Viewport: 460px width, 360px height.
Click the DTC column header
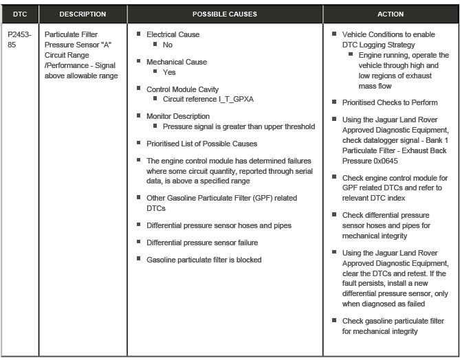click(x=19, y=14)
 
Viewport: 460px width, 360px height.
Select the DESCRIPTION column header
click(x=83, y=14)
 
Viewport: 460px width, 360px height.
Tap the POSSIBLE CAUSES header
click(x=224, y=14)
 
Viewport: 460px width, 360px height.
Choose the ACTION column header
click(x=391, y=14)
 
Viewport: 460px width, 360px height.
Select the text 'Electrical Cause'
click(x=173, y=34)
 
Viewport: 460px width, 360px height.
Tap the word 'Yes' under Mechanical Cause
click(x=169, y=72)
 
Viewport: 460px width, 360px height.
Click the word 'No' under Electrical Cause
click(x=168, y=45)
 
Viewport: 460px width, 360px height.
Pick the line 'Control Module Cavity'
click(x=182, y=89)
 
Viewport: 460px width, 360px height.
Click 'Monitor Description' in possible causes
click(x=178, y=117)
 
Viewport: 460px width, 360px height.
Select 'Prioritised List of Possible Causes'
click(x=201, y=144)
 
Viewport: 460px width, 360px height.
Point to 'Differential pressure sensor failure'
click(x=202, y=243)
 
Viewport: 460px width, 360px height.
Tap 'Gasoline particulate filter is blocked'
click(x=204, y=260)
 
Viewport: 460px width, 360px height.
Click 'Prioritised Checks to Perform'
click(x=389, y=103)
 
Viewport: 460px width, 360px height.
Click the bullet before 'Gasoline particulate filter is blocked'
click(x=139, y=260)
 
